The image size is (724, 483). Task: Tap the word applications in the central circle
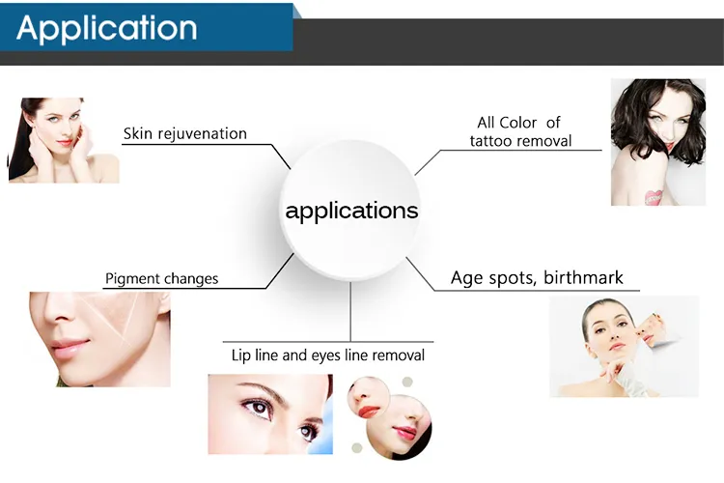(x=351, y=211)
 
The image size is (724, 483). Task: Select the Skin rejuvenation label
(x=184, y=133)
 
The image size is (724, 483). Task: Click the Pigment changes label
(x=161, y=278)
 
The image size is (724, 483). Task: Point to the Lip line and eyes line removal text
(x=328, y=355)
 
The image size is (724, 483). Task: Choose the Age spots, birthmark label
(x=537, y=278)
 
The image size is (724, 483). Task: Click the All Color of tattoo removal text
(x=520, y=131)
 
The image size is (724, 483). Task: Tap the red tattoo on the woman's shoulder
(x=654, y=195)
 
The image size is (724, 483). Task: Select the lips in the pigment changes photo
(x=70, y=345)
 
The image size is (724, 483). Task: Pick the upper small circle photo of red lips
(x=370, y=396)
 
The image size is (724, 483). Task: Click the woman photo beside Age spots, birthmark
(x=623, y=346)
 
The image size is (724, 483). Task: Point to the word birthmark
(x=583, y=278)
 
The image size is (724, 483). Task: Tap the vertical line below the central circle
(x=351, y=309)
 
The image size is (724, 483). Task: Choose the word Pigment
(x=132, y=278)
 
